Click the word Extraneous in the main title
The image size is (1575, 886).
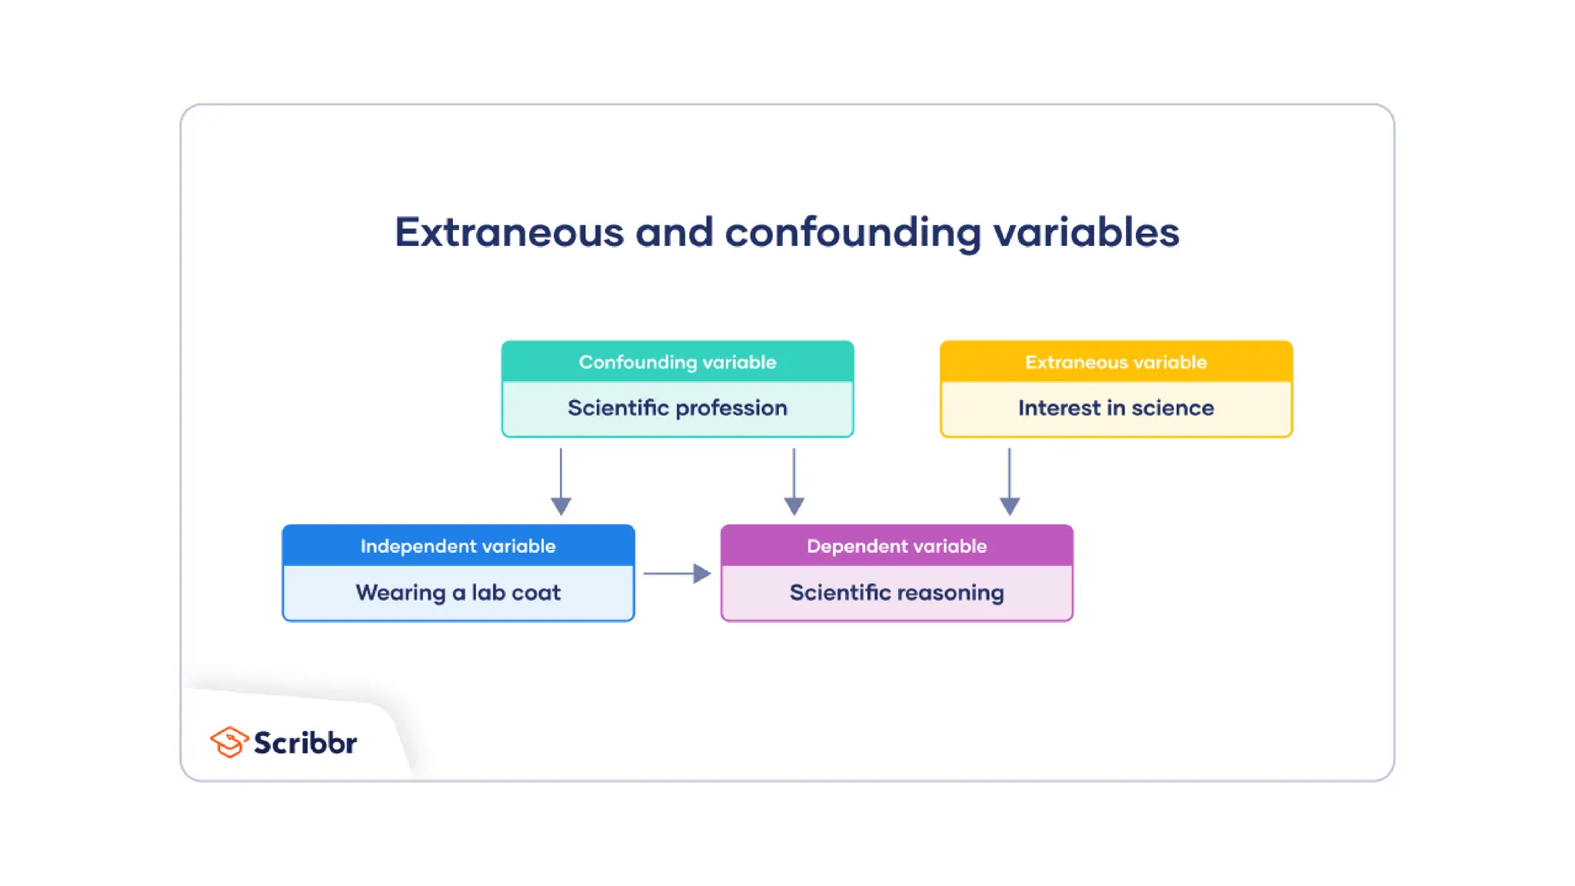click(x=509, y=231)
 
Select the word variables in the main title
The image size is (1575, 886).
click(x=1086, y=231)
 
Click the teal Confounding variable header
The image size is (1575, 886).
click(x=678, y=361)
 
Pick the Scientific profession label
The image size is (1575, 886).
click(x=678, y=408)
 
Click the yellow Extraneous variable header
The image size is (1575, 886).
click(x=1116, y=361)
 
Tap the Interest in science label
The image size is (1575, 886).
click(x=1116, y=408)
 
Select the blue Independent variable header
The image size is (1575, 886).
click(x=458, y=546)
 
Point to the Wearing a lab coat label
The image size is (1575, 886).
click(x=458, y=592)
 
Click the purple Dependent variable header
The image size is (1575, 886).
click(x=897, y=546)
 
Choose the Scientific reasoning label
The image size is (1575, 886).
click(x=897, y=592)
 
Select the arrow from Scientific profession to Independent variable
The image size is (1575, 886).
click(x=561, y=481)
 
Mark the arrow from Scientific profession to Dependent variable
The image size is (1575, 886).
click(x=794, y=481)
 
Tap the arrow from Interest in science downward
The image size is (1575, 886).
click(x=1010, y=481)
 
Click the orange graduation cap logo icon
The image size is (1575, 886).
click(x=228, y=742)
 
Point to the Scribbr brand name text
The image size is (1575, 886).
click(x=305, y=743)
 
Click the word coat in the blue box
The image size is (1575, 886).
click(x=536, y=592)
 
